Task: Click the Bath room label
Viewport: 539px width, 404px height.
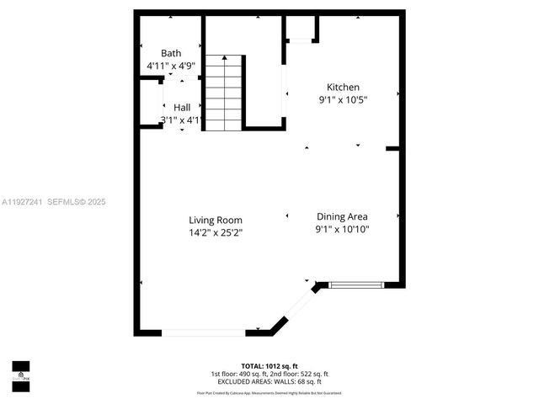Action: (x=171, y=53)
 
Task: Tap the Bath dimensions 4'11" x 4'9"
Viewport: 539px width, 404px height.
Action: (x=171, y=65)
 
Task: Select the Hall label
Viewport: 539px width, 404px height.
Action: (x=182, y=108)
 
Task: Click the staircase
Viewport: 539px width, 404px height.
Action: (x=223, y=93)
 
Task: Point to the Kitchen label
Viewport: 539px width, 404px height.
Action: (x=343, y=87)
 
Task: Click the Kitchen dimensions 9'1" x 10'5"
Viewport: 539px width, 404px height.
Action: (x=343, y=99)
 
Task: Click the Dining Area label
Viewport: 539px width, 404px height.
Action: (x=342, y=216)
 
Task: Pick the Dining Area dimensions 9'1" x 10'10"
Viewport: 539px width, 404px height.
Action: (x=342, y=229)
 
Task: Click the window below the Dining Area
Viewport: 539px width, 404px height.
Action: (x=356, y=285)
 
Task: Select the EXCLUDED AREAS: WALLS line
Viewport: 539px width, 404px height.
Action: (x=269, y=381)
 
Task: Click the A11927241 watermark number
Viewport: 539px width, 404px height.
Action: (x=21, y=202)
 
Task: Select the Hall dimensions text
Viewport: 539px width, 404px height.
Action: (x=182, y=120)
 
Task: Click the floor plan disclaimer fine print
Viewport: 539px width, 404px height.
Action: (x=269, y=392)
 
